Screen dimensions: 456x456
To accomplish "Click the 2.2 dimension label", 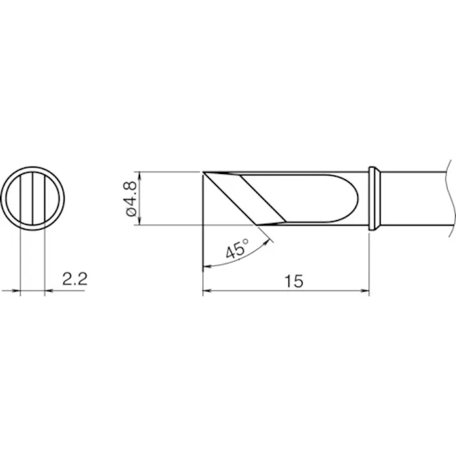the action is click(x=75, y=279).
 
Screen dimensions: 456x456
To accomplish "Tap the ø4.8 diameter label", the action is click(x=131, y=199).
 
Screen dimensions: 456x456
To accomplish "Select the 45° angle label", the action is click(x=237, y=248).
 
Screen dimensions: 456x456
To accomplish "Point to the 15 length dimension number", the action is click(x=294, y=281).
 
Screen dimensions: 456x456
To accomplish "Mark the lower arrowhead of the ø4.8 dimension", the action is click(x=139, y=221).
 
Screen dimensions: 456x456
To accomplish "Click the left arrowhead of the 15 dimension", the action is click(x=207, y=290).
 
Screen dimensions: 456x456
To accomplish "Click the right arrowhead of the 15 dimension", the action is click(x=365, y=290).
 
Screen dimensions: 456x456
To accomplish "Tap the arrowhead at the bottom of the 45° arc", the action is click(x=207, y=266).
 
